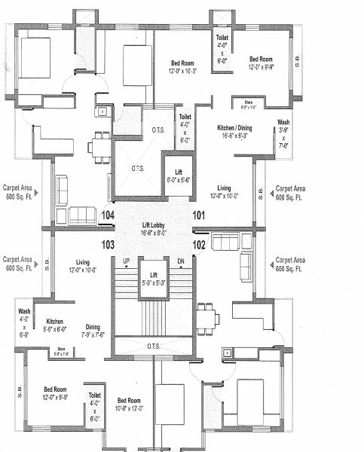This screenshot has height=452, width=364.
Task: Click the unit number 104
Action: click(107, 216)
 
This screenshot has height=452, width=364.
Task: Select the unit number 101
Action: click(198, 216)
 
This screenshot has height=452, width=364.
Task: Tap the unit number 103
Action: click(107, 244)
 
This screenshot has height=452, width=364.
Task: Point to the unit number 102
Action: click(198, 244)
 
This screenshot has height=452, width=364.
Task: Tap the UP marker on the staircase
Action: click(126, 261)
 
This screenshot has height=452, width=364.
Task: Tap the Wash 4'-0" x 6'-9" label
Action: click(24, 322)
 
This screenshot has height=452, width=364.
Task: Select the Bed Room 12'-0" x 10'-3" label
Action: click(184, 66)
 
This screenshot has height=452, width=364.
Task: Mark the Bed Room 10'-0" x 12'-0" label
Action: click(129, 405)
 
